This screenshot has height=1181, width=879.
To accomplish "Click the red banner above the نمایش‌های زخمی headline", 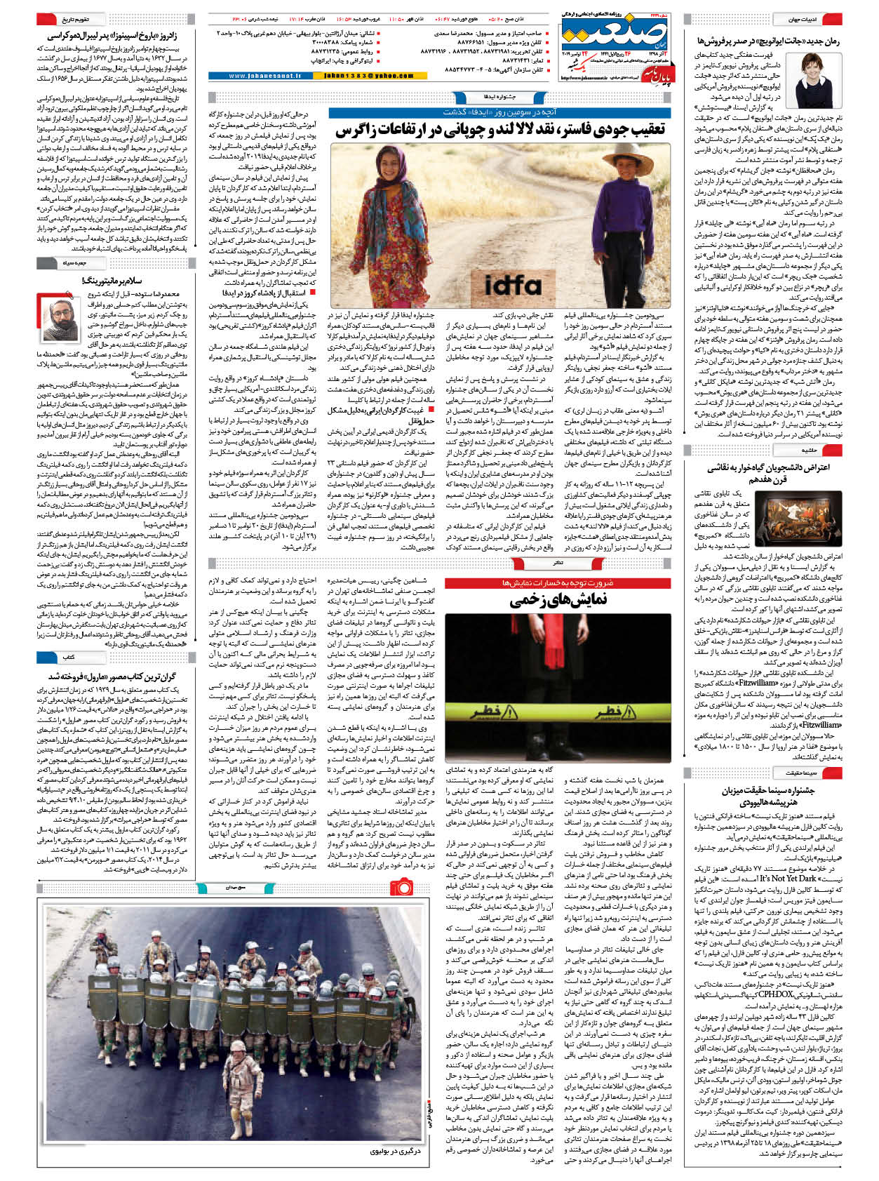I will (558, 583).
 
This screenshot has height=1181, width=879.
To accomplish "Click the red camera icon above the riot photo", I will (402, 888).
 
